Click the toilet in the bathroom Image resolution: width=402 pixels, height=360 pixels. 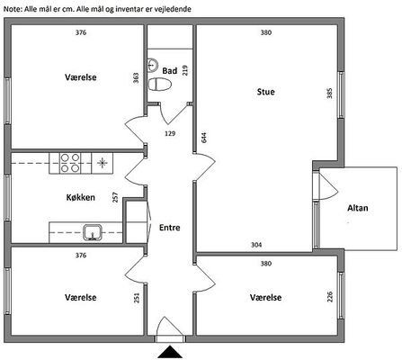tap(159, 85)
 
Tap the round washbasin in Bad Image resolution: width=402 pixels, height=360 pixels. tap(153, 65)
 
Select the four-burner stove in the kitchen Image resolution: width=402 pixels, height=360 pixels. tap(70, 163)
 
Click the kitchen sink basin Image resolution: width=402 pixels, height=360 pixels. tap(93, 232)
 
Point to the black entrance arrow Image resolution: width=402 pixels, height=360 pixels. tap(170, 352)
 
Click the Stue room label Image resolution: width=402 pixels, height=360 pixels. tap(265, 92)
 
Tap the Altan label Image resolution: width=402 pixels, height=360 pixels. tap(358, 208)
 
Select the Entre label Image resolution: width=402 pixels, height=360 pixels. tap(170, 228)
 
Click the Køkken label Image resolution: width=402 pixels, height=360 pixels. tap(81, 197)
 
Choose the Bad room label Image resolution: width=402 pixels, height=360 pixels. tap(170, 71)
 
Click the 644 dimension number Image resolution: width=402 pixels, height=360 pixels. tap(204, 138)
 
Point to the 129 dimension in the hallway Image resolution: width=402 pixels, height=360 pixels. tap(170, 133)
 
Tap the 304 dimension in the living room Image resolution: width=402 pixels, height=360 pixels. tap(256, 245)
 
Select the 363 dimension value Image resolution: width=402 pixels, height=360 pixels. tap(136, 78)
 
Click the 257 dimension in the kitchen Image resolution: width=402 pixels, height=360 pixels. tap(115, 197)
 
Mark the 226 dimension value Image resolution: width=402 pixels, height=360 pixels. tap(330, 297)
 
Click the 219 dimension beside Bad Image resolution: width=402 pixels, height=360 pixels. tap(185, 70)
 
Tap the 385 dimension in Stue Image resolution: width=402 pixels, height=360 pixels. tap(329, 94)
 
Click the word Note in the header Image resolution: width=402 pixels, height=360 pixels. tap(13, 9)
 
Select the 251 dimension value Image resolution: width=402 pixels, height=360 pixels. tap(137, 298)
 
